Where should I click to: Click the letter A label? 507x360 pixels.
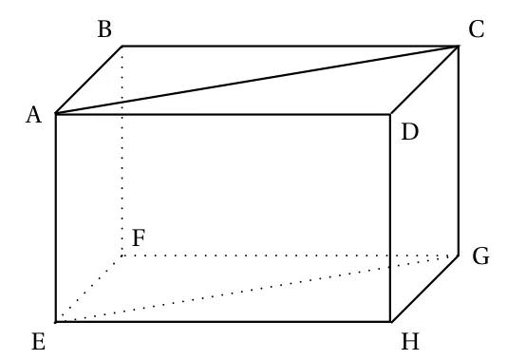[x=33, y=116]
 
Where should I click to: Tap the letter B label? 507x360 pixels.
[x=104, y=29]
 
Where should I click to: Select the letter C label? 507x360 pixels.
[x=477, y=29]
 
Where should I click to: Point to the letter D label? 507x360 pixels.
[x=409, y=132]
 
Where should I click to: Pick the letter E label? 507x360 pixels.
[x=39, y=342]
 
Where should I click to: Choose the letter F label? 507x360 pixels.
[x=139, y=238]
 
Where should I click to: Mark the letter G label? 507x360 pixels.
[x=480, y=256]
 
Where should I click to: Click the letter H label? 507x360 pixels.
[x=410, y=342]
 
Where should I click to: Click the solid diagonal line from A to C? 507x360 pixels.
[x=257, y=80]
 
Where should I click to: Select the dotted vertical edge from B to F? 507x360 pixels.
[x=122, y=151]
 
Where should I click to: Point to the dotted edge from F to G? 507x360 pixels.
[x=290, y=256]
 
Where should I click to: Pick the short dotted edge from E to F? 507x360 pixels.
[x=89, y=289]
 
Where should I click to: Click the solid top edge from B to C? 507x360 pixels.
[x=291, y=47]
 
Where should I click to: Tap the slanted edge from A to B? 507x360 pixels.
[x=89, y=80]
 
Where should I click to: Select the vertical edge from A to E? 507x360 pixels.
[x=56, y=218]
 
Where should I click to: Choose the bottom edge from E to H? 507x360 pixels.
[x=223, y=322]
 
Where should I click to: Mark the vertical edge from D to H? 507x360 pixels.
[x=390, y=218]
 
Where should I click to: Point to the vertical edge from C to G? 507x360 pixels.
[x=459, y=151]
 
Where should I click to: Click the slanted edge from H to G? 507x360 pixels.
[x=424, y=289]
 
